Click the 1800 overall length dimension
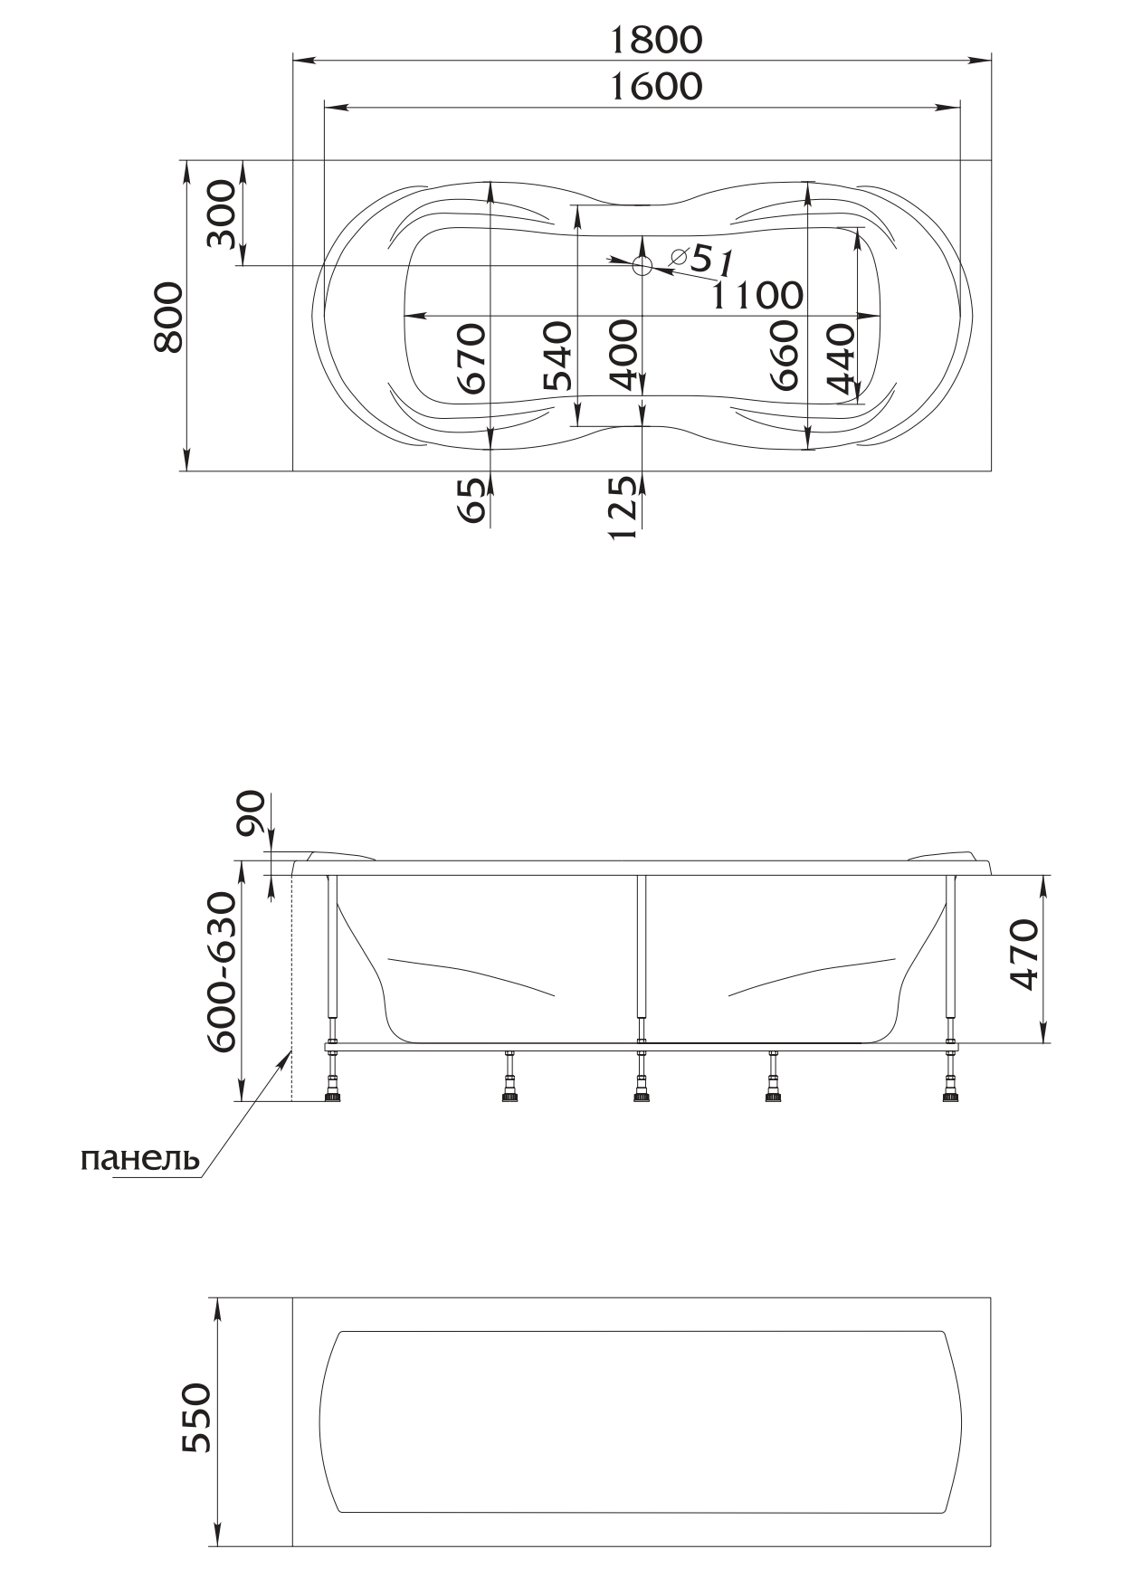coord(655,40)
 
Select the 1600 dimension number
coord(655,87)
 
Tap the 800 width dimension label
coord(169,316)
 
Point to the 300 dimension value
coord(221,214)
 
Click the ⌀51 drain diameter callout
coord(702,260)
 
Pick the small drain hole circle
coord(642,266)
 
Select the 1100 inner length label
coord(757,295)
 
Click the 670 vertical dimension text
coord(471,358)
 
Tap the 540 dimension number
coord(557,356)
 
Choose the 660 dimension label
coord(785,356)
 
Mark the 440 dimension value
coord(841,362)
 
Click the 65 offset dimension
coord(471,500)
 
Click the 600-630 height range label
coord(222,972)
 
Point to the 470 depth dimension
coord(1023,955)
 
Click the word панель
coord(140,1159)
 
